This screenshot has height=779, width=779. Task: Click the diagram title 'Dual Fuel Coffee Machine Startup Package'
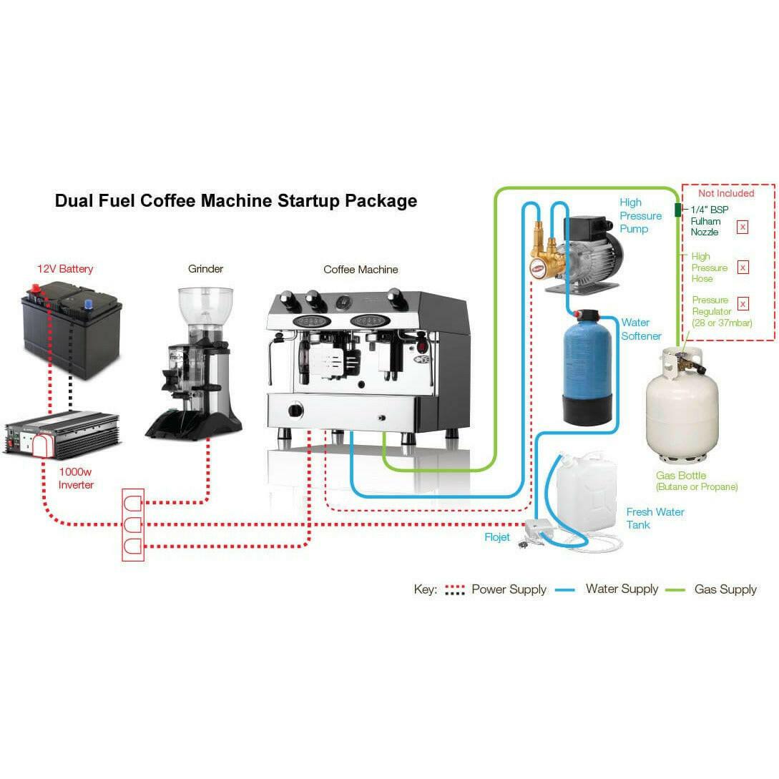tap(236, 200)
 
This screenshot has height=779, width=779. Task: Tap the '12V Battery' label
tap(65, 269)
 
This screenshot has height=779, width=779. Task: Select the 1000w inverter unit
tap(62, 436)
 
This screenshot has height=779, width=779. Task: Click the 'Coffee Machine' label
tap(361, 270)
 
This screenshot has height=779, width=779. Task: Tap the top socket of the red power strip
tap(133, 504)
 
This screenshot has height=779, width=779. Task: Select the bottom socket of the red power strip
tap(133, 547)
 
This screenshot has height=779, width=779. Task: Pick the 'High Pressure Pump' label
tap(640, 215)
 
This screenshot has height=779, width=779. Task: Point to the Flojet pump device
tap(538, 530)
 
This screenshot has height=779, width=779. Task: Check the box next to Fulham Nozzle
tap(743, 227)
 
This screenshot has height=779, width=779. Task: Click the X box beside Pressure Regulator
tap(743, 304)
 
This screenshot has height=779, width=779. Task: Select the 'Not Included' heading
tap(726, 193)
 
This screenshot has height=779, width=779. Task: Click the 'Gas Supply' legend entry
tap(725, 589)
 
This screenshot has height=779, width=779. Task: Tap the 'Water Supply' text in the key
tap(622, 589)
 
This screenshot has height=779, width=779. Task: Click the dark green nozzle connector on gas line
tap(677, 210)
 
